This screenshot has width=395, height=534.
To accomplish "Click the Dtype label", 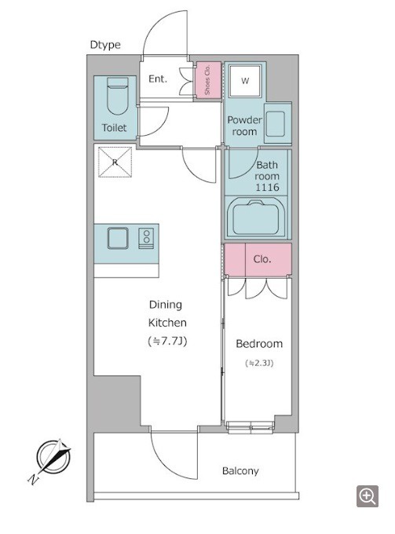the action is [x=105, y=45].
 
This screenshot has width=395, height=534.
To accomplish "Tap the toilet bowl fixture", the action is [x=118, y=96].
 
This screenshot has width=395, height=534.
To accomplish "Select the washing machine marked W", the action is [x=245, y=81].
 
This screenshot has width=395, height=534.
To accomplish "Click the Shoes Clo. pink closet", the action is [x=207, y=81].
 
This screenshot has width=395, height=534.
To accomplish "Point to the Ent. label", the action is [x=158, y=79].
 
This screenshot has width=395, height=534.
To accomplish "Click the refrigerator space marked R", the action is [x=115, y=162].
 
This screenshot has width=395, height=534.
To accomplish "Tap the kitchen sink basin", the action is [x=118, y=238].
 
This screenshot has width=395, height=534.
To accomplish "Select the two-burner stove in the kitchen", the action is [x=146, y=238].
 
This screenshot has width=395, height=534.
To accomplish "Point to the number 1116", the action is [x=267, y=187].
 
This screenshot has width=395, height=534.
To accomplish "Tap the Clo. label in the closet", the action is [x=262, y=259].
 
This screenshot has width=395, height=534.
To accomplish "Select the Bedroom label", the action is [x=259, y=344].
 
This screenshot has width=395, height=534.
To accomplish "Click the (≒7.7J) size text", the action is [x=167, y=341].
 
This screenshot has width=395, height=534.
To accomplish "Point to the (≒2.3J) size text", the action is [x=259, y=363].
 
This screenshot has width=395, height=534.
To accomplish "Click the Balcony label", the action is [x=240, y=471].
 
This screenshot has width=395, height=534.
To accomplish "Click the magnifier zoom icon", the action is [x=368, y=496].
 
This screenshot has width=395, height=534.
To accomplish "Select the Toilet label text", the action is [x=115, y=128].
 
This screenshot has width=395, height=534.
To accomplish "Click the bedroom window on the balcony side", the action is [x=251, y=427].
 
